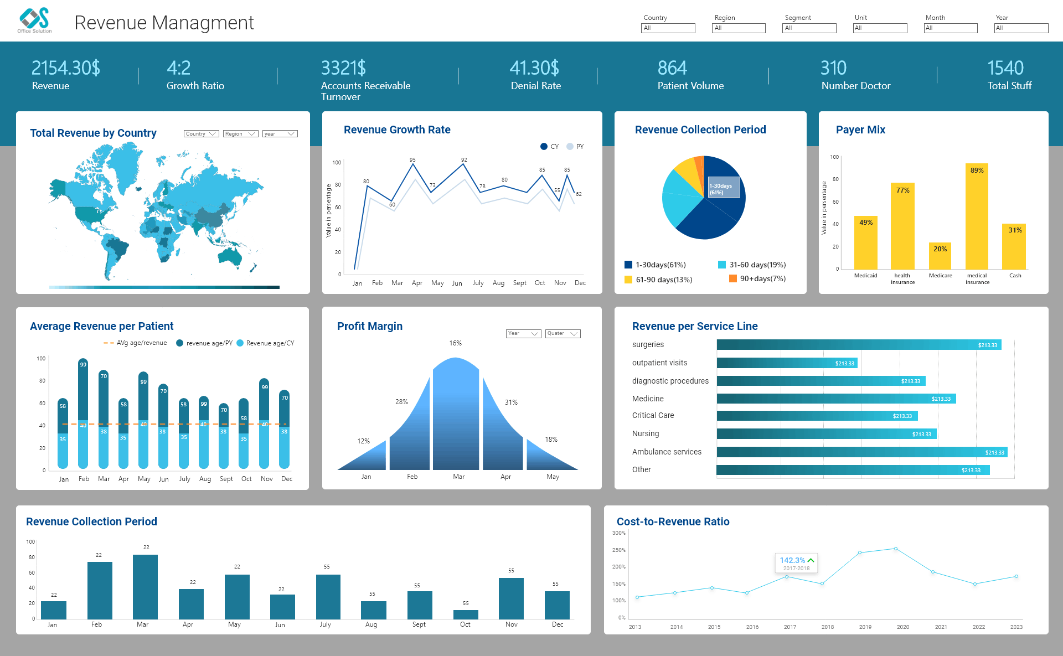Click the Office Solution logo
click(34, 20)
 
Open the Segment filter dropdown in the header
click(809, 28)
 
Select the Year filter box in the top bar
click(1021, 28)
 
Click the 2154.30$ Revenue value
click(65, 68)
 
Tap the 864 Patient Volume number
click(672, 68)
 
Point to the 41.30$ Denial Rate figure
click(534, 68)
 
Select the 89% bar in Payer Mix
click(977, 216)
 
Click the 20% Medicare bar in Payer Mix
click(940, 256)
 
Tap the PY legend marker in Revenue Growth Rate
click(570, 147)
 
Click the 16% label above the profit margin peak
click(455, 343)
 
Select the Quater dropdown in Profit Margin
click(563, 334)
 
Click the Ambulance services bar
click(861, 452)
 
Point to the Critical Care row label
click(653, 416)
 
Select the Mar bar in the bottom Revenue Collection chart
click(145, 587)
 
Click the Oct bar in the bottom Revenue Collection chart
click(466, 614)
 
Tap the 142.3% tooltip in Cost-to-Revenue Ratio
click(796, 563)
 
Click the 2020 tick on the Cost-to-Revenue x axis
click(903, 627)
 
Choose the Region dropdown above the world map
click(240, 134)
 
